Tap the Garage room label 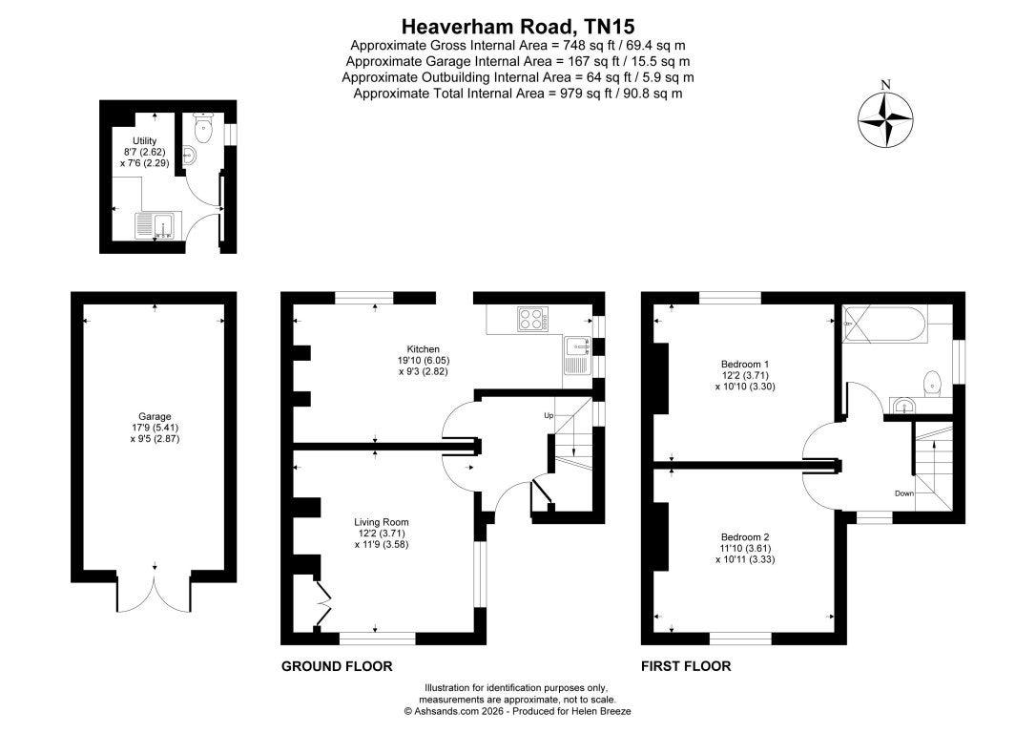click(x=155, y=416)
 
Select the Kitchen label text click(x=423, y=349)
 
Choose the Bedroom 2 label click(x=745, y=536)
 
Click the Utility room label click(x=145, y=141)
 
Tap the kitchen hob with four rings click(x=532, y=319)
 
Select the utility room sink click(x=154, y=224)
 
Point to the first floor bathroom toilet click(x=932, y=384)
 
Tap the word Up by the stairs click(x=549, y=415)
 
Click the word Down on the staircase click(x=904, y=493)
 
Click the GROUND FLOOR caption click(x=337, y=666)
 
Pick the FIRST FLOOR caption click(x=686, y=666)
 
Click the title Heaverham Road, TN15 click(x=518, y=27)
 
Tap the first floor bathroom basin click(x=901, y=406)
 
